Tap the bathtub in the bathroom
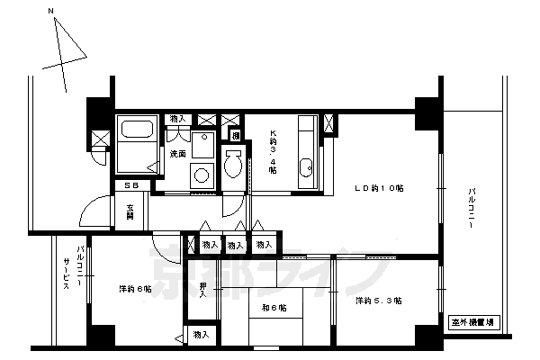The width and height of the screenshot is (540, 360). coord(138,142)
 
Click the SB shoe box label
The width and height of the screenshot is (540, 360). coord(131,186)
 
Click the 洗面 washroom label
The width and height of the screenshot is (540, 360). coord(178,155)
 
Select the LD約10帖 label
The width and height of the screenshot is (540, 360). coord(377,188)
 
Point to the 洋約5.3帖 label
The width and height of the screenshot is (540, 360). coord(378,300)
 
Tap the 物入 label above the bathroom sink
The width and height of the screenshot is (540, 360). coord(178,119)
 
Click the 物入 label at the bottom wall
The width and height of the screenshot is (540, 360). coord(202,336)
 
